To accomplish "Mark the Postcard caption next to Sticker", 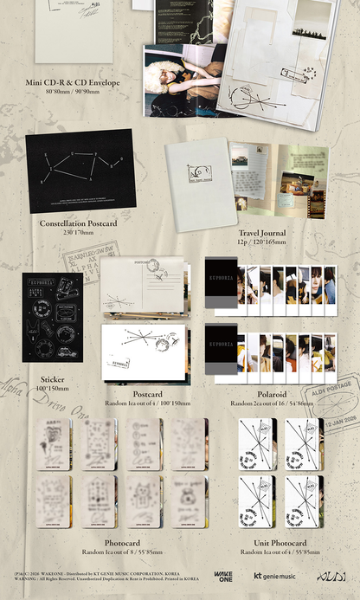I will click(147, 393).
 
